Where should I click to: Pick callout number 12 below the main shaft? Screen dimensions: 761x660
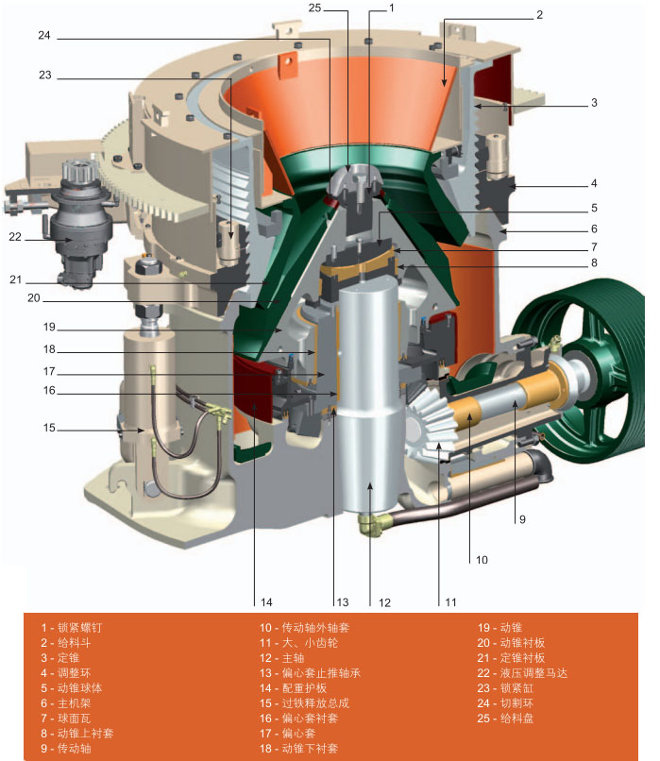(x=384, y=601)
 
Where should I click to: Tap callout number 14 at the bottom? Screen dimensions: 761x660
(x=267, y=601)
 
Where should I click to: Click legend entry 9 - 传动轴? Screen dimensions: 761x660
(x=70, y=749)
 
